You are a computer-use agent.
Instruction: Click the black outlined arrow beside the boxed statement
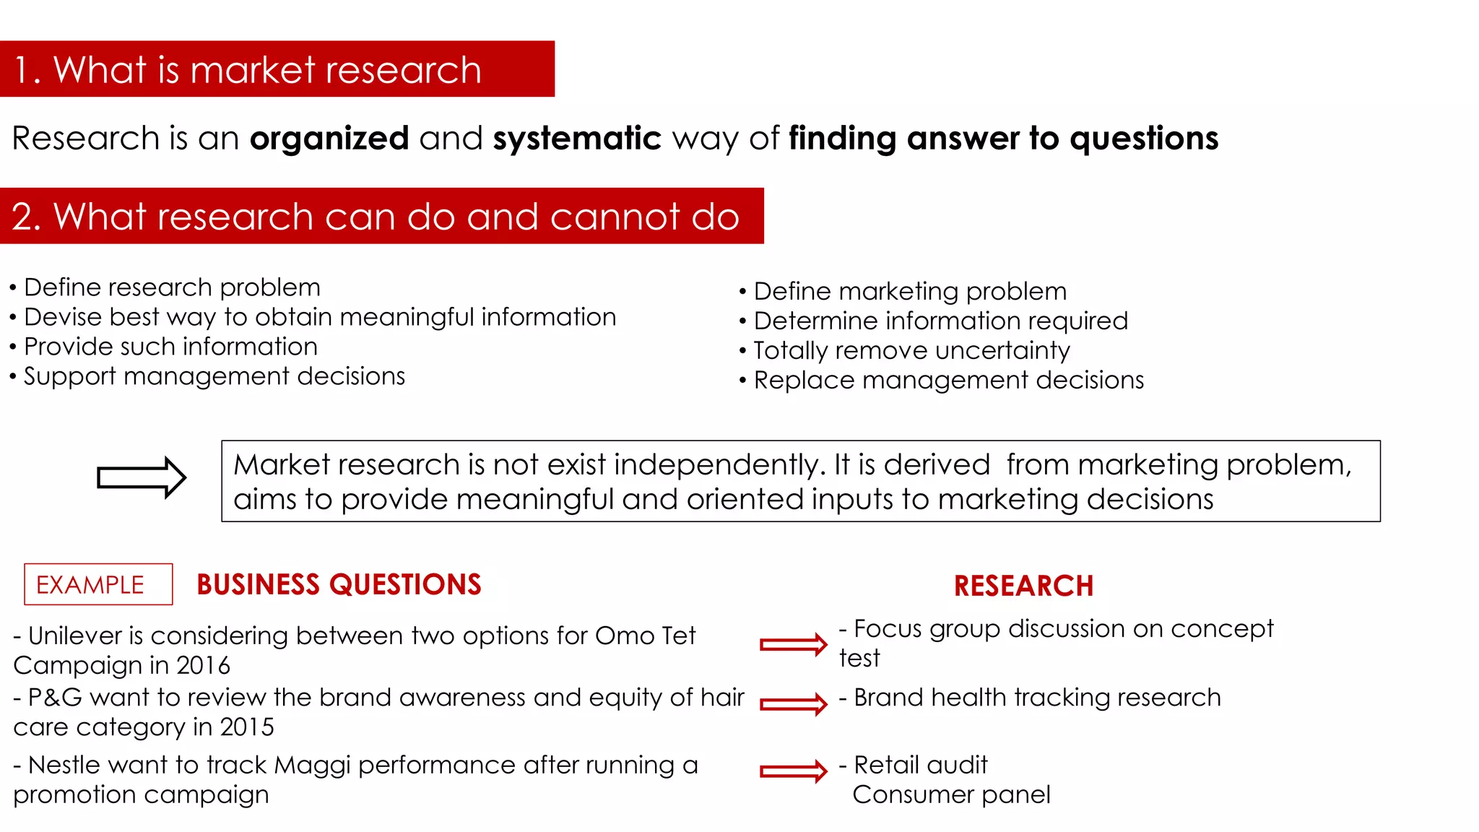point(142,477)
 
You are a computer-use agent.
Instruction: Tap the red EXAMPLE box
point(98,584)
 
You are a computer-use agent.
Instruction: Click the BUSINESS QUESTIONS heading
point(339,584)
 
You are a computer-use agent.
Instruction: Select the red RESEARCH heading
point(1023,586)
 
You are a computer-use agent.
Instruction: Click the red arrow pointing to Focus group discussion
point(793,644)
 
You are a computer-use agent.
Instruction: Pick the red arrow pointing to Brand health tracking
point(793,704)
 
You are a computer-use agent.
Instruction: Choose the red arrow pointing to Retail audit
point(793,771)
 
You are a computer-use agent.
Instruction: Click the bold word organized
point(329,138)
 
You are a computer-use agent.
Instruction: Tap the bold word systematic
point(576,138)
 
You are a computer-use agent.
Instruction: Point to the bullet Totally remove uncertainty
point(911,350)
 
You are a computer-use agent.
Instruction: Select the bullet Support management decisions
point(214,376)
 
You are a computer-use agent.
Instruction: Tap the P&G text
point(55,698)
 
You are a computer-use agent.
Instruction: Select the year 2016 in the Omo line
point(203,665)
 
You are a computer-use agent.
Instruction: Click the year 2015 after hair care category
point(247,727)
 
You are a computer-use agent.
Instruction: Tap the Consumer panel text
point(951,794)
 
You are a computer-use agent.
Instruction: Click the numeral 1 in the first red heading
point(22,70)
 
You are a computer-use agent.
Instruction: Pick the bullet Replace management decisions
point(948,380)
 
